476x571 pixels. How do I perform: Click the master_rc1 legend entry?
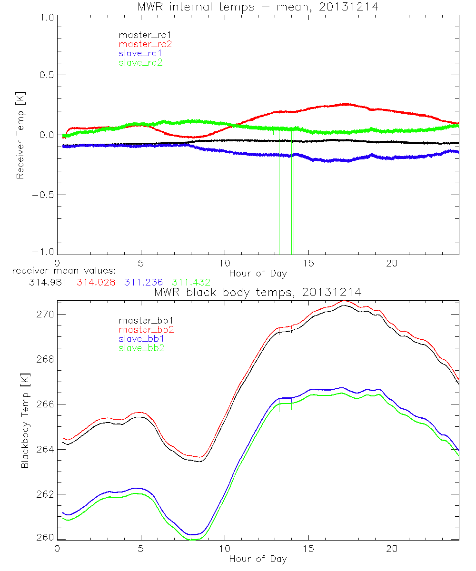point(140,35)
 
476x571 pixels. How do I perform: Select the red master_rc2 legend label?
point(145,44)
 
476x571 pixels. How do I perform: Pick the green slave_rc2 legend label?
point(140,62)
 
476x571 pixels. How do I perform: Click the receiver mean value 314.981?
point(47,282)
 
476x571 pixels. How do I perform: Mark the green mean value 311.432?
point(191,282)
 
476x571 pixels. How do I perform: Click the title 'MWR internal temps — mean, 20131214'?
point(258,7)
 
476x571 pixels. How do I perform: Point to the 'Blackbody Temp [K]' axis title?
point(25,420)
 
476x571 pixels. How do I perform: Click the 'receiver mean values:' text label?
point(60,271)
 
